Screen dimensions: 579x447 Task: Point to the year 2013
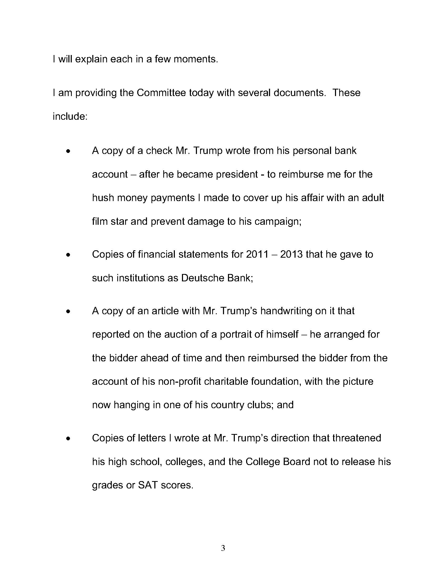(291, 254)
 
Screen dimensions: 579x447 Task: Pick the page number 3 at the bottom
(223, 548)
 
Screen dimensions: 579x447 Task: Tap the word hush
(103, 198)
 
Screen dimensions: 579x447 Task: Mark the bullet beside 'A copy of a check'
(69, 151)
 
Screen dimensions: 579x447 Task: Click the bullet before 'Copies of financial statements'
(69, 255)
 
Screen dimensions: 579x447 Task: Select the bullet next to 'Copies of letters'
(69, 439)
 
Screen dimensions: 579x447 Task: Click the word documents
(299, 93)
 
